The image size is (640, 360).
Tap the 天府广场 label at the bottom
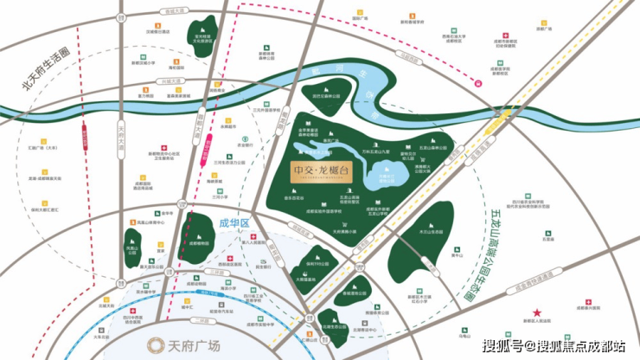[185, 343]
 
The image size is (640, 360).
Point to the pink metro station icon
[478, 83]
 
